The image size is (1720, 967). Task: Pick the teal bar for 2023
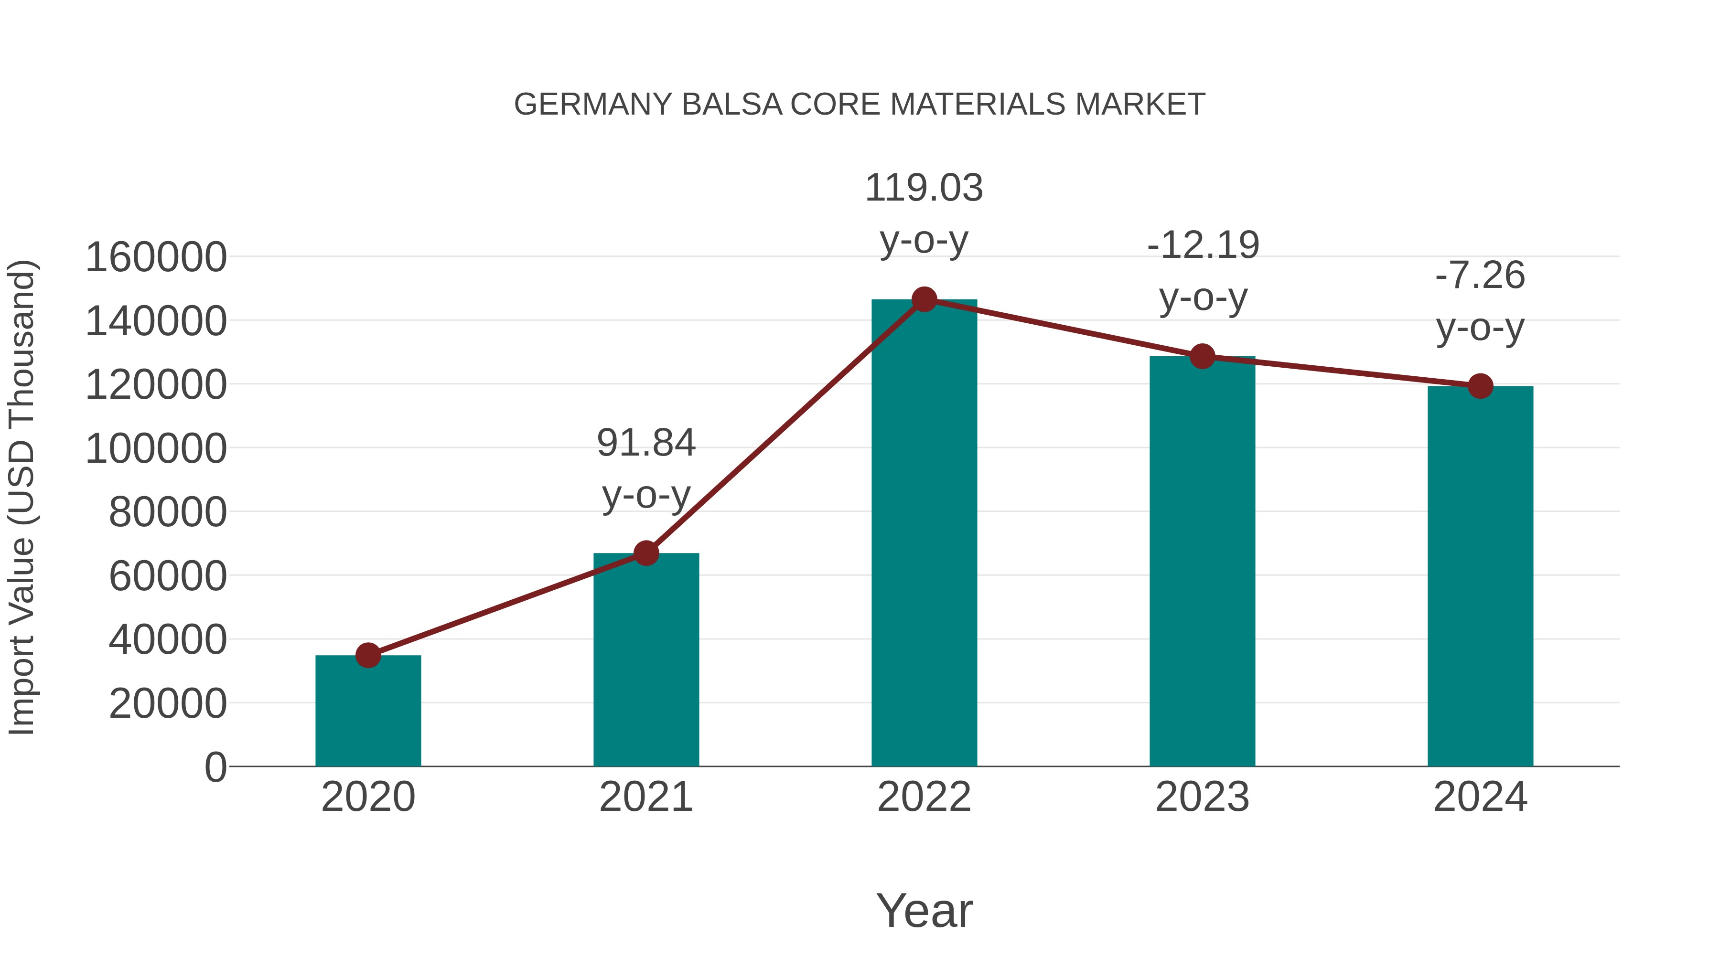pos(1202,561)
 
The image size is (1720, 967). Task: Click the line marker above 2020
pos(368,655)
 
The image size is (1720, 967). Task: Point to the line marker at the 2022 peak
pos(924,299)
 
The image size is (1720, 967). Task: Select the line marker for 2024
pos(1480,386)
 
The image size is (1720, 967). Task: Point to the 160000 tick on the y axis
pos(156,257)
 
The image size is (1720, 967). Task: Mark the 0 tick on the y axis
pos(215,767)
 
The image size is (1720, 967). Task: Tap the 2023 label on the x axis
pos(1202,797)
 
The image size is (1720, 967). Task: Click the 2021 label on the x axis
pos(645,797)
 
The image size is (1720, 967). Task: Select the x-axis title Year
pos(924,910)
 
